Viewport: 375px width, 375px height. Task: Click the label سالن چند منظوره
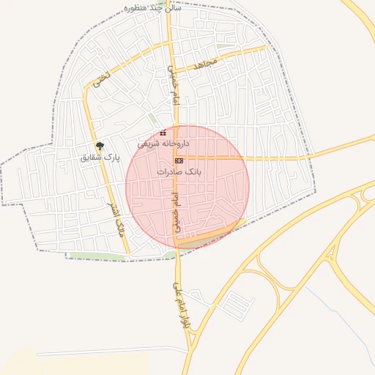(152, 8)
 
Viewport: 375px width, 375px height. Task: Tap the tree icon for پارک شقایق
(100, 145)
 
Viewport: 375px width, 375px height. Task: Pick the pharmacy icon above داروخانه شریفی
(163, 133)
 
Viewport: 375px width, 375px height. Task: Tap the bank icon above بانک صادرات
(179, 160)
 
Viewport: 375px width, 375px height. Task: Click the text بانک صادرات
(179, 171)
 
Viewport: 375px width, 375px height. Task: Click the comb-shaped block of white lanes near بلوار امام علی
(236, 302)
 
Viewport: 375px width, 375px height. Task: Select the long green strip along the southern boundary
(117, 256)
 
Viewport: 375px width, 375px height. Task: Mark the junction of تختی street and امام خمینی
(170, 43)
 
